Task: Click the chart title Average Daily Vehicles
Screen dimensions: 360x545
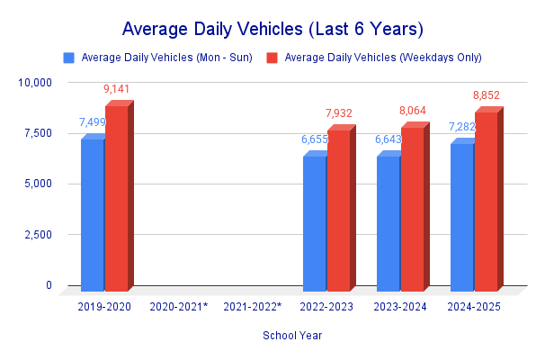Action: click(272, 28)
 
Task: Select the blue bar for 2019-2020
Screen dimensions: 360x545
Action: click(93, 215)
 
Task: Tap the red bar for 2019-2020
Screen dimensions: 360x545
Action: click(117, 198)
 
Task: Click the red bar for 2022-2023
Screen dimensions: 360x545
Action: click(338, 211)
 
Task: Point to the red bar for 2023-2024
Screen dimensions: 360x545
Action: click(412, 209)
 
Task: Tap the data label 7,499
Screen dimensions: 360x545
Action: click(93, 122)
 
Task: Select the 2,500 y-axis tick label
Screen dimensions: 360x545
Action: click(38, 235)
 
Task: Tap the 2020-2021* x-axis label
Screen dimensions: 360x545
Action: click(179, 307)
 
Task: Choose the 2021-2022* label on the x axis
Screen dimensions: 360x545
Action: click(253, 307)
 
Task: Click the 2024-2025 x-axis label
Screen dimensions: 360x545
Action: click(474, 307)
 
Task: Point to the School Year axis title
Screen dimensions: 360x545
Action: click(293, 336)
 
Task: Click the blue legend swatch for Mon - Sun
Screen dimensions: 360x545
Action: click(68, 58)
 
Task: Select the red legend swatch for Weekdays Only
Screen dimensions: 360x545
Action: click(272, 58)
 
